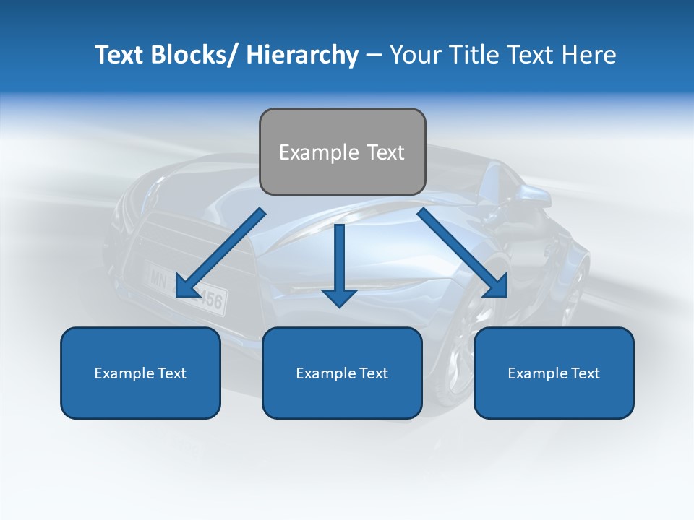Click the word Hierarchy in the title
pyautogui.click(x=302, y=56)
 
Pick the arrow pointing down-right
pyautogui.click(x=463, y=253)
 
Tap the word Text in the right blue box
pyautogui.click(x=584, y=373)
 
